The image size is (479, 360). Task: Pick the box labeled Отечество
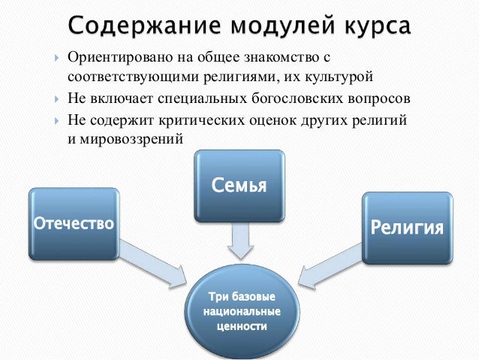point(73,223)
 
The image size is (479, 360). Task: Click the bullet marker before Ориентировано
point(57,58)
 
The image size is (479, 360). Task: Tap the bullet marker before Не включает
point(57,100)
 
